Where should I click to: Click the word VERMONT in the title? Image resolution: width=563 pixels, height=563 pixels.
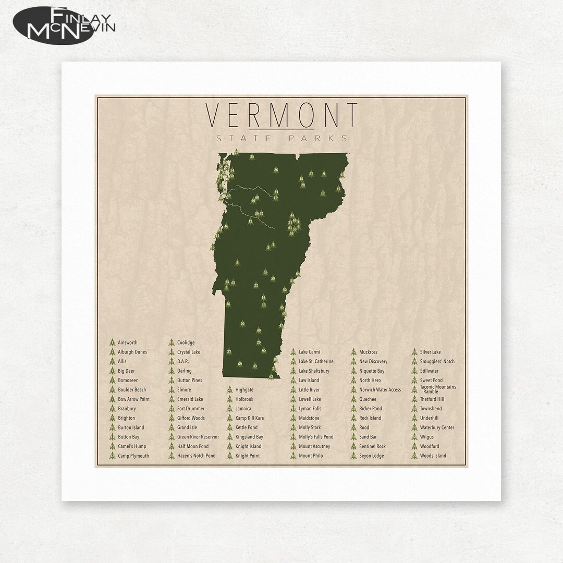(x=282, y=115)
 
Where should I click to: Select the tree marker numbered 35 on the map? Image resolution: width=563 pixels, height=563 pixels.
(x=252, y=156)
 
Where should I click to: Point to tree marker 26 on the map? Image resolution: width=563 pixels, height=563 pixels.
(x=276, y=169)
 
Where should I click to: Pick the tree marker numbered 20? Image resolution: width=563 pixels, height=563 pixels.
(x=242, y=324)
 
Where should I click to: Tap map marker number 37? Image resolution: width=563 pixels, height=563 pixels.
(x=229, y=351)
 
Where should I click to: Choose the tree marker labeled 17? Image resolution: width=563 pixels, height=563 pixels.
(x=323, y=193)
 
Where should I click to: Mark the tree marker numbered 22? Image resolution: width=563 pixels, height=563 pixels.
(x=256, y=285)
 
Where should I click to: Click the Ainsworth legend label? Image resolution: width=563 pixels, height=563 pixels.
(x=128, y=342)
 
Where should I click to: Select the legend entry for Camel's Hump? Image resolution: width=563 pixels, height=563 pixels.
(x=132, y=446)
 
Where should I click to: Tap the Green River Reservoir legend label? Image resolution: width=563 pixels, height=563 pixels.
(x=198, y=437)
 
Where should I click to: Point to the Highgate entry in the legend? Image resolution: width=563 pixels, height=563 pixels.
(x=244, y=389)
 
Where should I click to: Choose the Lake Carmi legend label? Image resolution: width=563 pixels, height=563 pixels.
(x=310, y=352)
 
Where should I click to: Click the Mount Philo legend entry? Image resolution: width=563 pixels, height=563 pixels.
(x=311, y=456)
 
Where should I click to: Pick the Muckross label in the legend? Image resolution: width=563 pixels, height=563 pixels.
(x=368, y=352)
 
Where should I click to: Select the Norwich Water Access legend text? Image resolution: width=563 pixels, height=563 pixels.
(x=380, y=389)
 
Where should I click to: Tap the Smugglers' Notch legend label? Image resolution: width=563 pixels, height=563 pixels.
(x=437, y=361)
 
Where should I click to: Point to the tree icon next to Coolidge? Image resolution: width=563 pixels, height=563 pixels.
(x=172, y=342)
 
